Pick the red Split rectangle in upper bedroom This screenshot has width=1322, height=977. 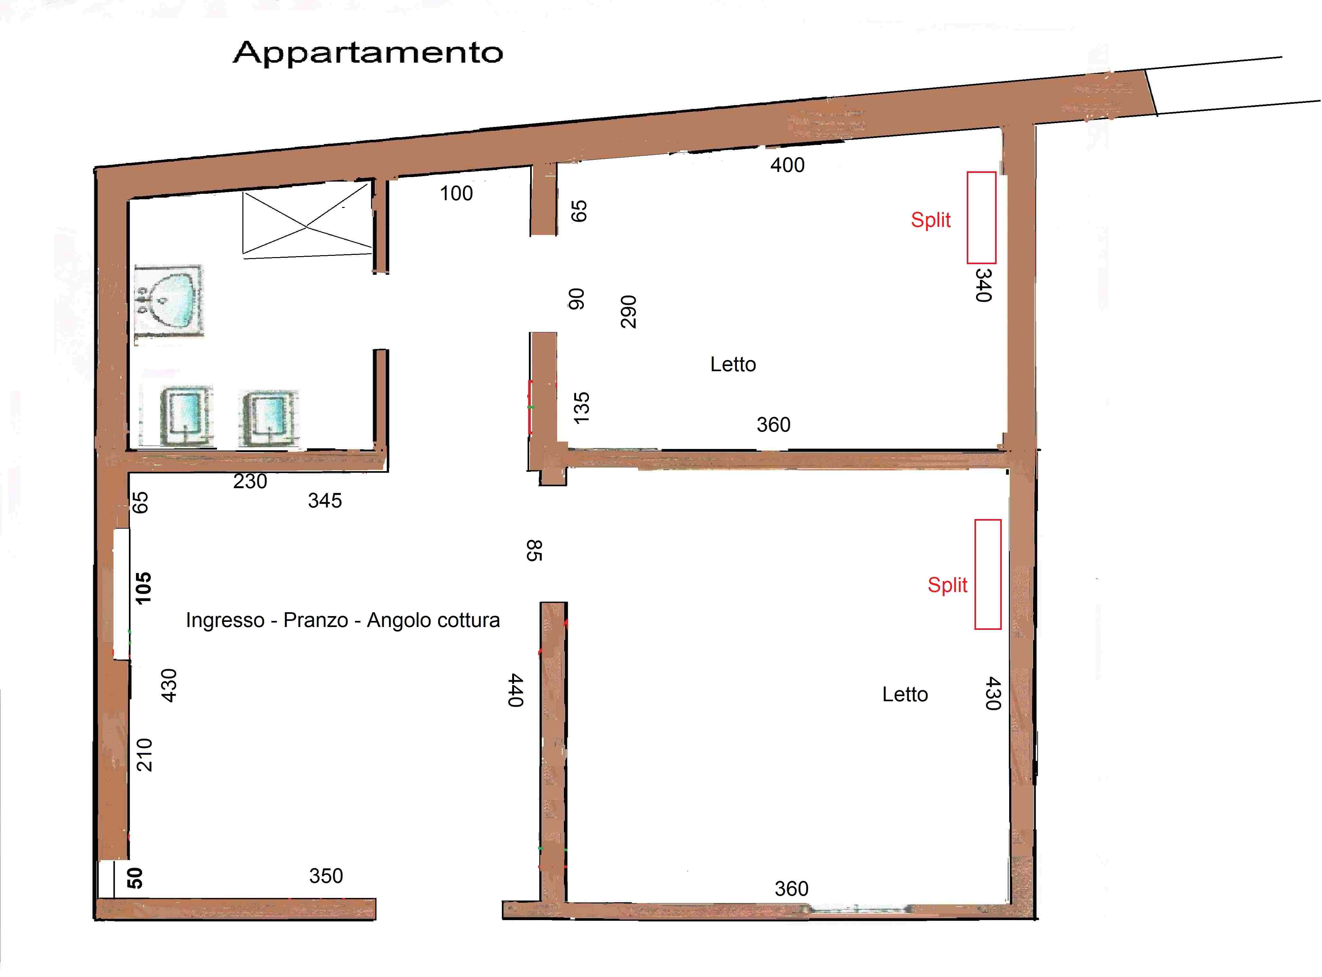[x=981, y=218]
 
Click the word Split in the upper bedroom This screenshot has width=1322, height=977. [x=930, y=220]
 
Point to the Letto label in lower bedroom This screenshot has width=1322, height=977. [x=905, y=694]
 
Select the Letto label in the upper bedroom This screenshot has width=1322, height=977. [x=733, y=364]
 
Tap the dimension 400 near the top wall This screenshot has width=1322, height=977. [x=787, y=165]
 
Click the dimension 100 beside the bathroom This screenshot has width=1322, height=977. [x=456, y=193]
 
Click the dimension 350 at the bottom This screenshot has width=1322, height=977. [x=326, y=876]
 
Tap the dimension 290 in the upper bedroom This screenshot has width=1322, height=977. [x=628, y=312]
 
